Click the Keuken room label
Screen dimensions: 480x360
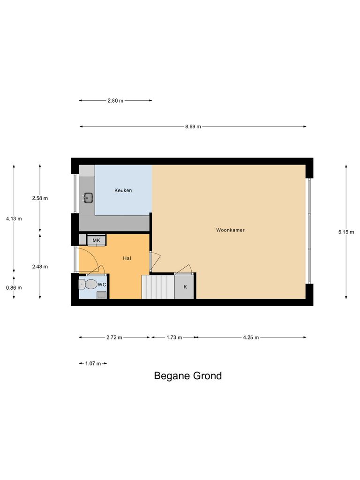(123, 190)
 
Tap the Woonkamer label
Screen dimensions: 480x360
(230, 230)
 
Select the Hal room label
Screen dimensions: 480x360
(127, 258)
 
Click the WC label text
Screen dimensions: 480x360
(102, 285)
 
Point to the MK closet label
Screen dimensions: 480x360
(97, 240)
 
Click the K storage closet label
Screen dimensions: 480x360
(185, 287)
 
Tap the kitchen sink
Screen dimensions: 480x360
(87, 197)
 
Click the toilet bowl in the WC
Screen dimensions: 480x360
(88, 284)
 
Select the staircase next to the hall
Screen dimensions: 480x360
(158, 287)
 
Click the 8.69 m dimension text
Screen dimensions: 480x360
(193, 127)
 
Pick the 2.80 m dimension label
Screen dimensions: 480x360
(115, 100)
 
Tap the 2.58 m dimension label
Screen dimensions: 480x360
(40, 198)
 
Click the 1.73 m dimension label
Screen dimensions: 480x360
(174, 337)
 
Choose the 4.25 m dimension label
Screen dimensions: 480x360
(250, 337)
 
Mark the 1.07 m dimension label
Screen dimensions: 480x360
(93, 363)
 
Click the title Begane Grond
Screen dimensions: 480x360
(188, 375)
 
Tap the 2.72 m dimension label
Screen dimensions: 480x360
(114, 337)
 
